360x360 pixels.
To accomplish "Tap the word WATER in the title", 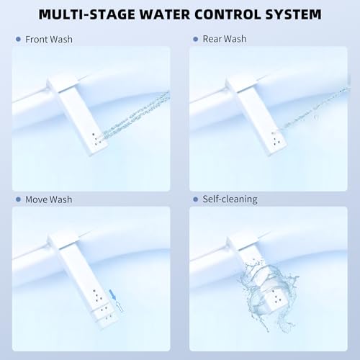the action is coord(165,14).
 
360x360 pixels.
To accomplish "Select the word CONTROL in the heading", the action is coord(228,14).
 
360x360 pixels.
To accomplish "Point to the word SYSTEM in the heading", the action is coord(294,14).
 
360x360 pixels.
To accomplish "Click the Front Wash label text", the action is coord(49,40).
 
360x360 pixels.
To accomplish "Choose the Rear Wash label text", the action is coord(225,39).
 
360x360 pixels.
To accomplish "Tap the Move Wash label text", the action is coord(49,199).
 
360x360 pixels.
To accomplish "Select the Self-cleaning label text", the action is coord(230,199).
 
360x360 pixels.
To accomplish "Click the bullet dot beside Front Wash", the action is coord(18,39).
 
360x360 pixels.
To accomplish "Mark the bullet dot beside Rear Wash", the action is coord(196,39).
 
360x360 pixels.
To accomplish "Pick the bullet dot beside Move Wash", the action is coord(18,199).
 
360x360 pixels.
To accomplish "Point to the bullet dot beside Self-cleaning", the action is coord(196,199).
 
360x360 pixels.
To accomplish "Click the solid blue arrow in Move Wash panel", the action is coord(113,294).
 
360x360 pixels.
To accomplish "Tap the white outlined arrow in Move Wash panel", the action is coord(120,307).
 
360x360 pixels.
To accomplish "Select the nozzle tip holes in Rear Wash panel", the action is coord(276,139).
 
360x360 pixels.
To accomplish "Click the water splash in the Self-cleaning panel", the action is coord(269,295).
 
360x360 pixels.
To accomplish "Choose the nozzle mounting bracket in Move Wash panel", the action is coord(63,240).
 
